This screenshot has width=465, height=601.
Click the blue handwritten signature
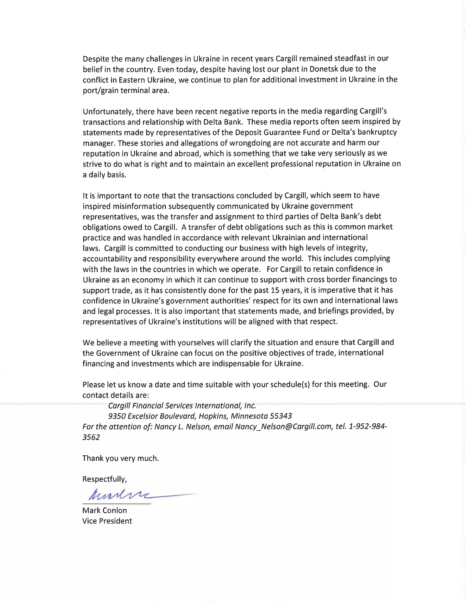(121, 495)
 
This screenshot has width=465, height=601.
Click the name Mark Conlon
(104, 511)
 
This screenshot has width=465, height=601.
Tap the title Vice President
(107, 521)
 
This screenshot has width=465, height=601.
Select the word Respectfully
(104, 479)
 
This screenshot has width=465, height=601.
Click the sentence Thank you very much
(120, 458)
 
